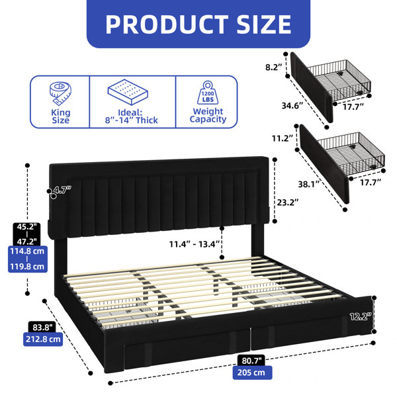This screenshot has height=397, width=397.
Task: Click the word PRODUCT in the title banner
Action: click(167, 24)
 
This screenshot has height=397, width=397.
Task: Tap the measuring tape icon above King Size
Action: click(60, 93)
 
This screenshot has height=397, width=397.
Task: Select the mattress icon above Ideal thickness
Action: click(128, 92)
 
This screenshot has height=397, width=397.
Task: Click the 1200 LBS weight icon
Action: click(208, 93)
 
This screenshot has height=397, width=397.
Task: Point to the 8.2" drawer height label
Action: click(274, 67)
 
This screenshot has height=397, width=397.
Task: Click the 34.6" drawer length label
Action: click(292, 105)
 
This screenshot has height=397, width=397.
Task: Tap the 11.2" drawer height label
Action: click(283, 138)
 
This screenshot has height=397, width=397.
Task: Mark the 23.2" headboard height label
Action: click(288, 202)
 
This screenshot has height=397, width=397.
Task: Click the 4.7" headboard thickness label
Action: click(63, 189)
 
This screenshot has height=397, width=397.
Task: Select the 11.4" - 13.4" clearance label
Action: click(194, 244)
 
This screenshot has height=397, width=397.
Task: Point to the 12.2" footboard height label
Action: click(361, 316)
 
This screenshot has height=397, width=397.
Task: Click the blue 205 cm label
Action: click(253, 373)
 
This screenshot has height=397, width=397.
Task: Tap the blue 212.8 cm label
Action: click(43, 339)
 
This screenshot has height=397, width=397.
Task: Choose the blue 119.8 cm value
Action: click(27, 267)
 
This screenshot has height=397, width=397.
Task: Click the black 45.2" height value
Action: click(27, 227)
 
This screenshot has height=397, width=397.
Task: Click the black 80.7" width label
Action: click(251, 361)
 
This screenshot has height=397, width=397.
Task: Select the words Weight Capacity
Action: click(208, 115)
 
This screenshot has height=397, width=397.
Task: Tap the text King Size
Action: click(60, 116)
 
